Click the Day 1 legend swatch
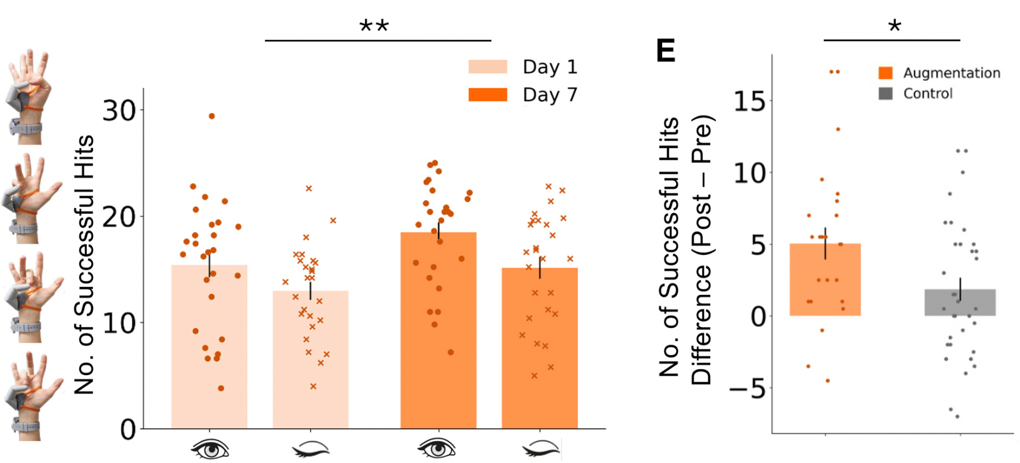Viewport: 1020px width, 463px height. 488,67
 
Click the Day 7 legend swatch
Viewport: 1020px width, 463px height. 488,95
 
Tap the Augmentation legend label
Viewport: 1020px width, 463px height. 951,73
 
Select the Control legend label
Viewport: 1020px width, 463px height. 928,93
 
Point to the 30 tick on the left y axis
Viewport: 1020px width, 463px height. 119,111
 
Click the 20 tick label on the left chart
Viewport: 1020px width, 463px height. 119,217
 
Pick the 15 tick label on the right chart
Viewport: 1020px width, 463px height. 749,101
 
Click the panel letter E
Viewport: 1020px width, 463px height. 665,51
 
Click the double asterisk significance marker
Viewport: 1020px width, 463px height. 374,26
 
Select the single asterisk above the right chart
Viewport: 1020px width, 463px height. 894,26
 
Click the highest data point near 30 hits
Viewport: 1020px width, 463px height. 212,116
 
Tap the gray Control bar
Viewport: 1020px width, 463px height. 960,303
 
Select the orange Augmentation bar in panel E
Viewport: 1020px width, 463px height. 825,280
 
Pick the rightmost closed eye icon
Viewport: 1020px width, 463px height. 540,448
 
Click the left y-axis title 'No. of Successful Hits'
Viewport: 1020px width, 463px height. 85,264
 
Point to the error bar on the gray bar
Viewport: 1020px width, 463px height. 960,289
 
